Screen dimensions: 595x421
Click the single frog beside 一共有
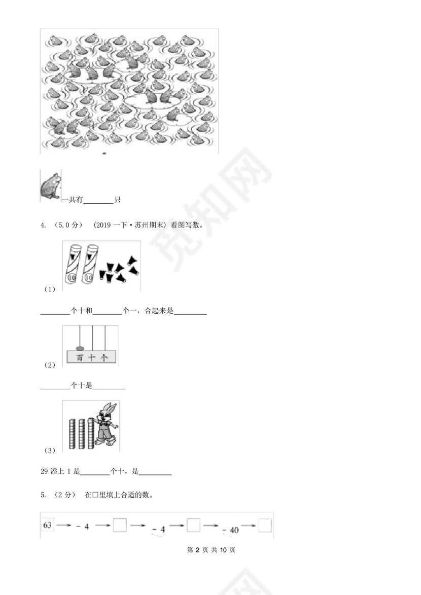coord(51,185)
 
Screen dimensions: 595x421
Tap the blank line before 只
coord(98,200)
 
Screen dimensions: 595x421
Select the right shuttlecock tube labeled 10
coord(90,264)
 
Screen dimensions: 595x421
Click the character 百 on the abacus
coord(79,358)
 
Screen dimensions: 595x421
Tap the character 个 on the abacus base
coord(104,358)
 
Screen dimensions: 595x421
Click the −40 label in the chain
coord(231,530)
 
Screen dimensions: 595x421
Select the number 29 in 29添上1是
coord(44,471)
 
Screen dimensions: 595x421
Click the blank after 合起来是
coord(190,311)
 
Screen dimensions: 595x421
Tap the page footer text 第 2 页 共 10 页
coord(211,550)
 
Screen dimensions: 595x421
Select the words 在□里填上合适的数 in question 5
coord(119,495)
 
